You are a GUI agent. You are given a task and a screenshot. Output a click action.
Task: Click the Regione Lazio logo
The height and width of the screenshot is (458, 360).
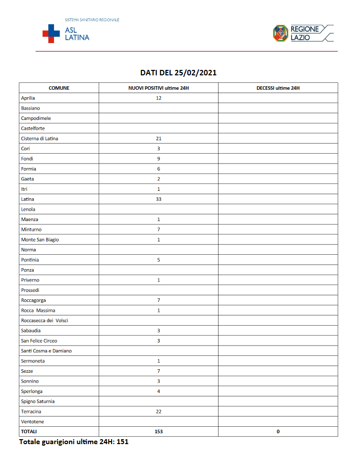(x=303, y=33)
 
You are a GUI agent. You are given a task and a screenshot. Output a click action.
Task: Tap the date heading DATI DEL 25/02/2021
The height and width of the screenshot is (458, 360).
(x=179, y=72)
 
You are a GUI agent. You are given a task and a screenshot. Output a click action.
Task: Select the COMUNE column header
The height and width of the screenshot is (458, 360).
(x=59, y=88)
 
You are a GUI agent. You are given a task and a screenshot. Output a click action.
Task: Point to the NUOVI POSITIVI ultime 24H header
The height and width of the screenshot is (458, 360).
(x=159, y=88)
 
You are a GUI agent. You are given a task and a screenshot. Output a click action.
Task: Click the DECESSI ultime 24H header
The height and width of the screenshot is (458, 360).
(x=278, y=88)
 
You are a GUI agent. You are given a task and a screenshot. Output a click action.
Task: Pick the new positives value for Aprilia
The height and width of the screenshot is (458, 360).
(x=159, y=98)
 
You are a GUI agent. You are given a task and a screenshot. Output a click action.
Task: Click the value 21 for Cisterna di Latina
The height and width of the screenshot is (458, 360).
(x=159, y=138)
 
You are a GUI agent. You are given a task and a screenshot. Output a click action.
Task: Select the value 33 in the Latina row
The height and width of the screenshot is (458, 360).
(x=159, y=199)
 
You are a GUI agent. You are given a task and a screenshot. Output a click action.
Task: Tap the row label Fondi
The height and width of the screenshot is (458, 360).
(x=27, y=159)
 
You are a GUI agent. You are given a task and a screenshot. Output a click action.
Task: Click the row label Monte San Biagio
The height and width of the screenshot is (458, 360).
(x=40, y=239)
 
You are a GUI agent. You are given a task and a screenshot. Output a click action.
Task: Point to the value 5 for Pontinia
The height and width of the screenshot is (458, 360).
(x=159, y=260)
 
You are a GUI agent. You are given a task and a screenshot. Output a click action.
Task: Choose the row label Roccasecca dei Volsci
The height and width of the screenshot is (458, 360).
(x=45, y=321)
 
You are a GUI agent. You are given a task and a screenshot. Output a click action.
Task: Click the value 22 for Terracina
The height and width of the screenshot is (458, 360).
(x=159, y=411)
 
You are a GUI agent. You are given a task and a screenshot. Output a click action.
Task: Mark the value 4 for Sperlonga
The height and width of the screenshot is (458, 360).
(x=159, y=391)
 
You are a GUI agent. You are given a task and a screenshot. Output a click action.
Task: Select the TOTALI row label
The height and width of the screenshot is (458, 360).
(x=29, y=432)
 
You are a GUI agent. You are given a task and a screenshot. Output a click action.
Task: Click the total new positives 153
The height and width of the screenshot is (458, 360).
(x=159, y=432)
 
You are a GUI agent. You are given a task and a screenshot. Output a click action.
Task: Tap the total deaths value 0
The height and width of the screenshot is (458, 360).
(x=278, y=432)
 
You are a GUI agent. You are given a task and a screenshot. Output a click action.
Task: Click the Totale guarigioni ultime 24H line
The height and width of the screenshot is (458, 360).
(x=74, y=441)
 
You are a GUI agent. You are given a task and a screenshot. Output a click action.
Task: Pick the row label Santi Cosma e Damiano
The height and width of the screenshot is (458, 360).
(x=46, y=351)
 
